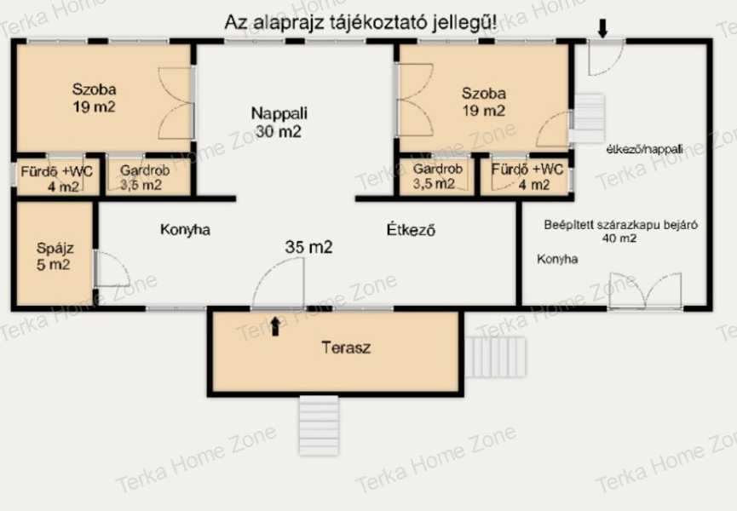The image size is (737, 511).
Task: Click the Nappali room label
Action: click(x=279, y=113)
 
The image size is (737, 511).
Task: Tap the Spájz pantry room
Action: click(x=55, y=254)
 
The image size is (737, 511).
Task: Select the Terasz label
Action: click(x=347, y=347)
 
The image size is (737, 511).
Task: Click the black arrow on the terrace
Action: click(x=276, y=326)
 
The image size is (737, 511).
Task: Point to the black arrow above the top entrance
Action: click(x=603, y=28)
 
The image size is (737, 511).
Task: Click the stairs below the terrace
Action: click(x=320, y=426)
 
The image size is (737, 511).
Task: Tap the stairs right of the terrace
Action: click(x=495, y=357)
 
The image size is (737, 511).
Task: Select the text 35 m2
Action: click(x=308, y=247)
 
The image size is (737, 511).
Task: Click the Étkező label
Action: click(x=411, y=230)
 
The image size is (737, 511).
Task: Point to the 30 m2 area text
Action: click(x=279, y=131)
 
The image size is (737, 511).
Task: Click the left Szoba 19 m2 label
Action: click(x=94, y=98)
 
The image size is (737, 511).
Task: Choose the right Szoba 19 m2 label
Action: click(x=484, y=102)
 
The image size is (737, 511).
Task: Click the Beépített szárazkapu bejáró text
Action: click(x=620, y=225)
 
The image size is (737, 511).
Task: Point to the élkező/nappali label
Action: click(x=645, y=149)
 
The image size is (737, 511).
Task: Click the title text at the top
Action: click(x=360, y=22)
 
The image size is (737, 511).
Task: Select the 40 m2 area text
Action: click(x=619, y=238)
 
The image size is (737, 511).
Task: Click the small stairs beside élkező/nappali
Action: click(x=587, y=118)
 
